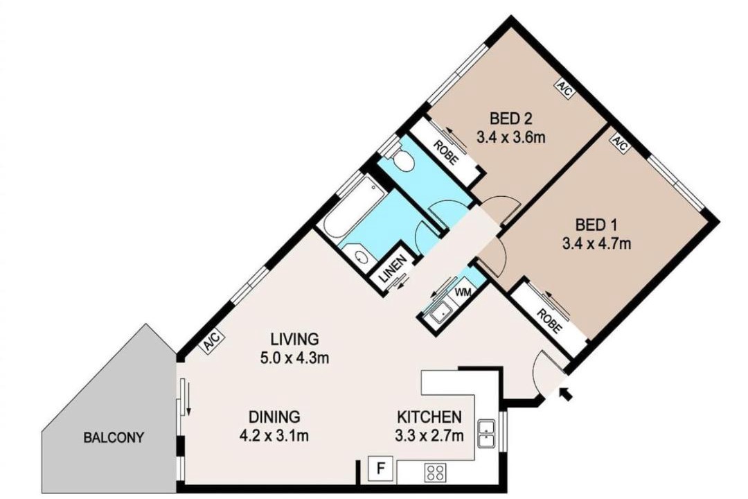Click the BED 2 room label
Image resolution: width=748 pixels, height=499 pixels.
(510, 117)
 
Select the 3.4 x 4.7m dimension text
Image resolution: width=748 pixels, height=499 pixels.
(596, 243)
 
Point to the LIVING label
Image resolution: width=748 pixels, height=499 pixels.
(294, 339)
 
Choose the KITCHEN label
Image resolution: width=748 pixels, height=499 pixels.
(429, 417)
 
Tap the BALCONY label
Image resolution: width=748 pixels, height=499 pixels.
(114, 437)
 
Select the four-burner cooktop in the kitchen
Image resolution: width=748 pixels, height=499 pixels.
(435, 473)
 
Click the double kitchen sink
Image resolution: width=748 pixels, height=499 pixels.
(487, 434)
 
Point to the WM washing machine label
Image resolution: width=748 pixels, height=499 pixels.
(462, 292)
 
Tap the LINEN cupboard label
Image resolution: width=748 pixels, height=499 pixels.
(393, 269)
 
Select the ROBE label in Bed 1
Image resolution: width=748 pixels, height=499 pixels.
(549, 321)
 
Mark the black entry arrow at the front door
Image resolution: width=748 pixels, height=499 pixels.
(567, 394)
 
